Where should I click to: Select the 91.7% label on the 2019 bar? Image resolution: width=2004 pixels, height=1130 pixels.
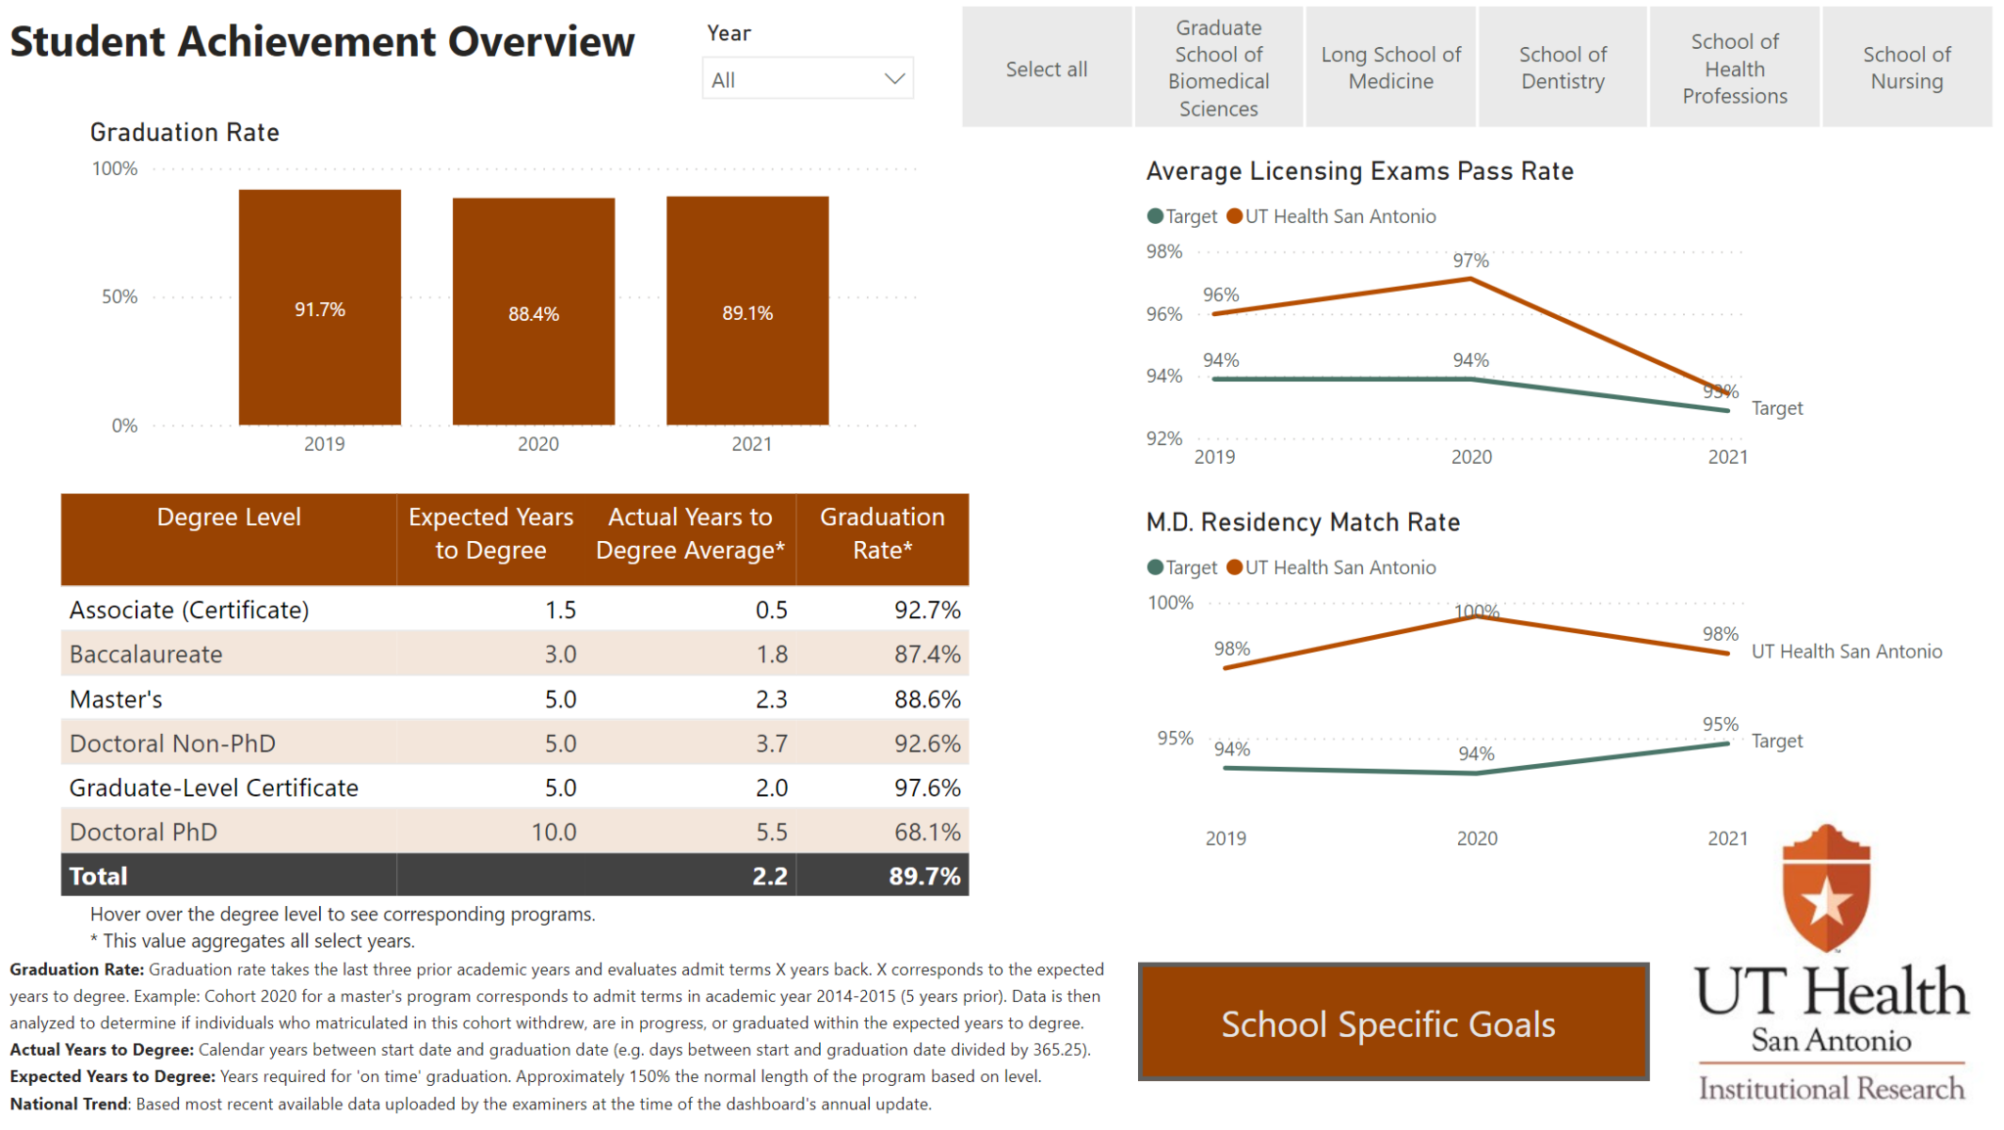pyautogui.click(x=320, y=309)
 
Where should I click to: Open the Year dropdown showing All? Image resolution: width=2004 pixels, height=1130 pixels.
pyautogui.click(x=807, y=79)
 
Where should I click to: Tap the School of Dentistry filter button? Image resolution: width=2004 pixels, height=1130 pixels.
pyautogui.click(x=1563, y=68)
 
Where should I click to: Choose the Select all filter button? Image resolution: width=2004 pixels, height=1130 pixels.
pyautogui.click(x=1046, y=68)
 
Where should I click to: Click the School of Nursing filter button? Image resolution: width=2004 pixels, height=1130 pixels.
pyautogui.click(x=1906, y=68)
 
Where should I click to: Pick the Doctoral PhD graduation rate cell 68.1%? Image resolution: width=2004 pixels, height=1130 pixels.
pyautogui.click(x=927, y=832)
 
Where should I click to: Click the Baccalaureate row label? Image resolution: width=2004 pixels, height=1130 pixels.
pyautogui.click(x=146, y=654)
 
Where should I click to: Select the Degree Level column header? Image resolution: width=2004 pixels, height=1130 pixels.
pyautogui.click(x=229, y=517)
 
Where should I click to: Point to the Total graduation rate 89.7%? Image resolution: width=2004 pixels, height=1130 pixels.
pyautogui.click(x=924, y=876)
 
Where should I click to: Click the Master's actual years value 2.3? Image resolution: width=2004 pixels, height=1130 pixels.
pyautogui.click(x=771, y=699)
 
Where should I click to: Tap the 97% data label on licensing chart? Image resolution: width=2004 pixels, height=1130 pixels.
pyautogui.click(x=1471, y=260)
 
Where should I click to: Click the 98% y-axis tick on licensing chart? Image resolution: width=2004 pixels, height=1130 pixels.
pyautogui.click(x=1163, y=251)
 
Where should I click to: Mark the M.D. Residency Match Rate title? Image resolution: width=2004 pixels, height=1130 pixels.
pyautogui.click(x=1302, y=521)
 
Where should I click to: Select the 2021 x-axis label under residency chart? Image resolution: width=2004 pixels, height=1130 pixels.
pyautogui.click(x=1727, y=837)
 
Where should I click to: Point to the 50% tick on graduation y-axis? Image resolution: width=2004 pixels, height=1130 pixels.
pyautogui.click(x=119, y=296)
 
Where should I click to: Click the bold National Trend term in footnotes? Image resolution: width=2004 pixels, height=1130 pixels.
pyautogui.click(x=68, y=1104)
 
